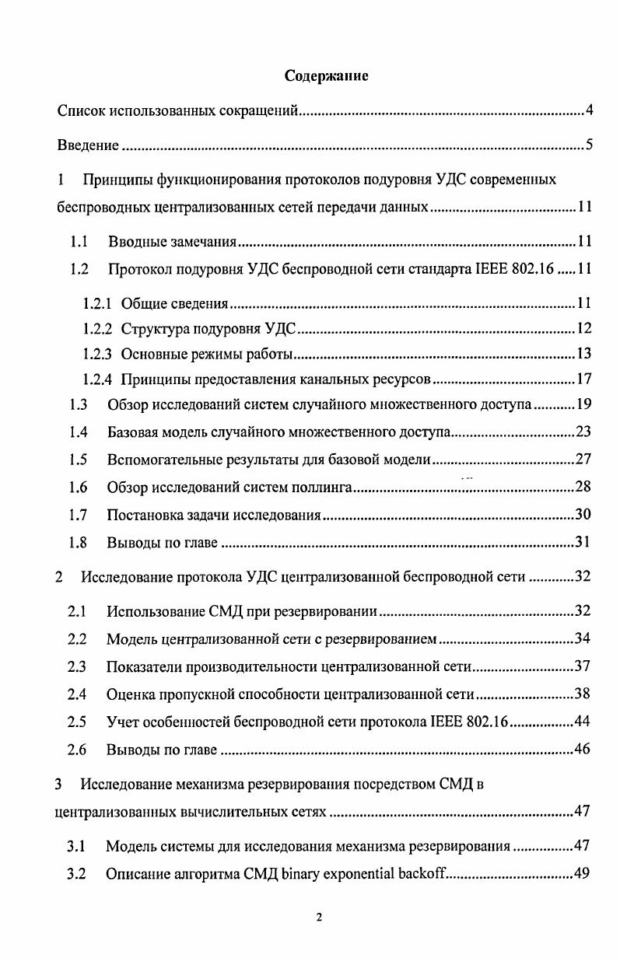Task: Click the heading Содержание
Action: pos(326,76)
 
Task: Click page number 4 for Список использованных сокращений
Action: pos(590,110)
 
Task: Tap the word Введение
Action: pos(88,145)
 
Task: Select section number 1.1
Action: pos(77,241)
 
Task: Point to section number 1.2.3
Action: pos(98,355)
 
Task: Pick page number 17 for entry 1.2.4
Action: pos(585,379)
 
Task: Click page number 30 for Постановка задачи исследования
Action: pos(584,515)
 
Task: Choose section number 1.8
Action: pos(77,543)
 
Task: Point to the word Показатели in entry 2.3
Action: pos(141,666)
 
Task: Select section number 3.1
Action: pos(76,846)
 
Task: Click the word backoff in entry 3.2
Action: pos(421,873)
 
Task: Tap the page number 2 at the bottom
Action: pos(318,918)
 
